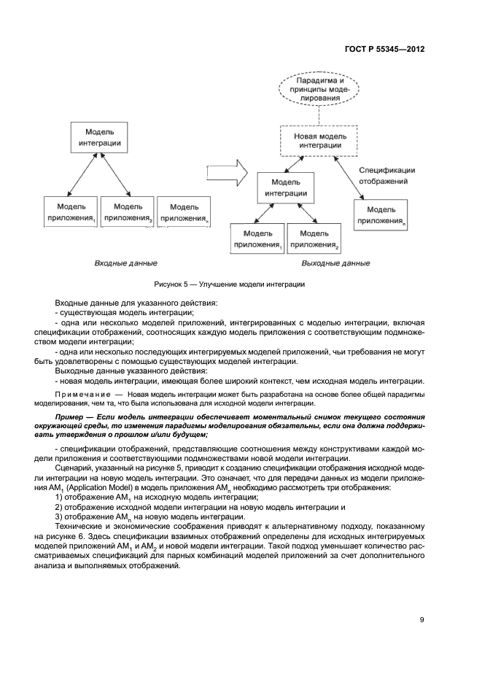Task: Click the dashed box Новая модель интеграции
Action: [319, 141]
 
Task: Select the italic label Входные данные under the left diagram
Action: [125, 263]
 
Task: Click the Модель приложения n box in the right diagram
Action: [381, 214]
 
